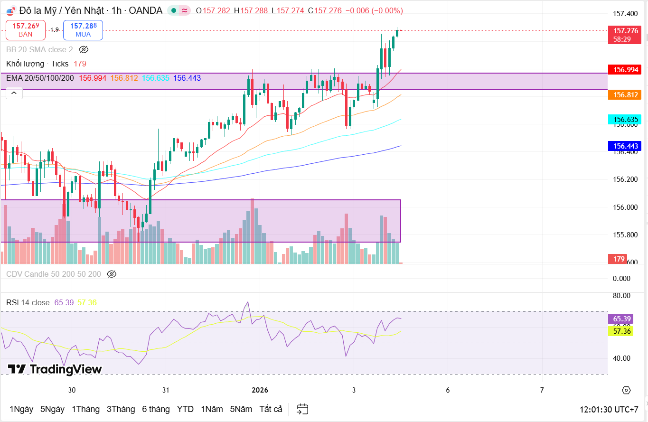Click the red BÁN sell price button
coord(26,30)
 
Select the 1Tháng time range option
coord(85,409)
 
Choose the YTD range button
coord(185,409)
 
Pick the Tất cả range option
coord(271,409)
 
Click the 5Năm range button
coord(241,409)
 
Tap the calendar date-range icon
coord(302,409)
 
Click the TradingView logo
coord(55,369)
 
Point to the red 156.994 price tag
coord(625,70)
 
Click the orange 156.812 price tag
coord(625,95)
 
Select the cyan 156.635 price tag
coord(625,120)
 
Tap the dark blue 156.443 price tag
coord(625,146)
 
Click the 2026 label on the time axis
coord(260,390)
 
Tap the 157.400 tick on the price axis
coord(625,14)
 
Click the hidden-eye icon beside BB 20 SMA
coord(84,49)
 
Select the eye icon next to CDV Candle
coord(112,274)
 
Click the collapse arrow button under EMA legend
coord(14,94)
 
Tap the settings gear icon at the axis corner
coord(626,390)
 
